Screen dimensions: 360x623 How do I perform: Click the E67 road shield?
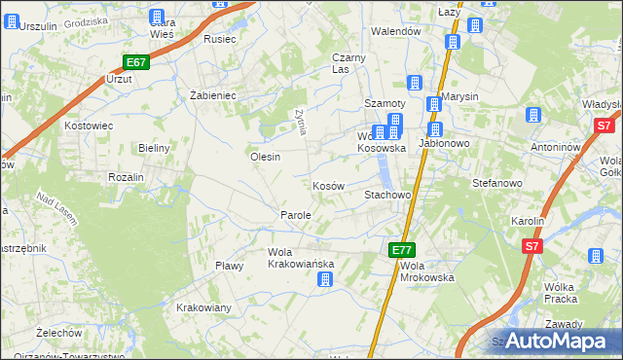135,62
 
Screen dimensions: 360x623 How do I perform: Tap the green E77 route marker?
402,250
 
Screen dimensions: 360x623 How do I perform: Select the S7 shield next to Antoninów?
605,125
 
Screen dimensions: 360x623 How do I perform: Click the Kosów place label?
328,186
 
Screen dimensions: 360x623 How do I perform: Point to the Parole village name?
296,215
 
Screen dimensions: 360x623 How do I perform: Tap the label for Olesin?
265,157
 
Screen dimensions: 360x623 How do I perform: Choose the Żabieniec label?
212,95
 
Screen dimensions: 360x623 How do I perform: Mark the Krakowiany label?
203,308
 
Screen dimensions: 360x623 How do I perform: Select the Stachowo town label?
387,196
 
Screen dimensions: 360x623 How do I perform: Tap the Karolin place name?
527,221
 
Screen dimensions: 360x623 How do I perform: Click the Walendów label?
395,31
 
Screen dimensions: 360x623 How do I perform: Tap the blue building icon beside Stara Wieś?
158,17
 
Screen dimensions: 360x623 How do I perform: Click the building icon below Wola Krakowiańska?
325,280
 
